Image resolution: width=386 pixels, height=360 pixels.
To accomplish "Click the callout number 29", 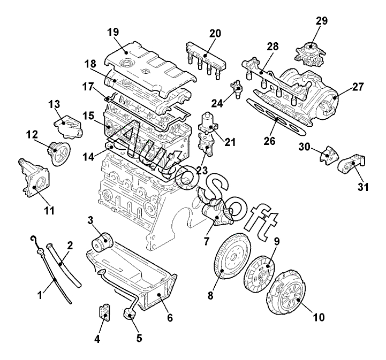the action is (322, 21).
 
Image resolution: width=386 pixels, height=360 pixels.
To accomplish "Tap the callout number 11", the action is (49, 211).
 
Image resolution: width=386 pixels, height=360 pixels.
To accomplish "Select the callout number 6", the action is (170, 318).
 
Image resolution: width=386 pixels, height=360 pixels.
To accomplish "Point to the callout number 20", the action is (215, 33).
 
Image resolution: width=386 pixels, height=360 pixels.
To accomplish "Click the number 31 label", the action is (363, 187).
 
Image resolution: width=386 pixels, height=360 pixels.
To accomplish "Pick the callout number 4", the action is (97, 340).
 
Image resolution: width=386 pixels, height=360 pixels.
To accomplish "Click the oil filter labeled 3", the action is (102, 241).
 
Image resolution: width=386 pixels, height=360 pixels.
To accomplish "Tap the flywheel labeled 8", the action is (232, 256).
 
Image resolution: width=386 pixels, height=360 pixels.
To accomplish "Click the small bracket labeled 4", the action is (105, 312).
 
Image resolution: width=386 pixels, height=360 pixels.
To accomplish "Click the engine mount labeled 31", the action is (351, 165).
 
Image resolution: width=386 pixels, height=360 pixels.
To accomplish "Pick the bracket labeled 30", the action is (329, 156).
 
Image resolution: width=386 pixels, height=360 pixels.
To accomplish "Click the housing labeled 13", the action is (68, 127).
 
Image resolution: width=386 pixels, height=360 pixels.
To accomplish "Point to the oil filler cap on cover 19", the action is (127, 63).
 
